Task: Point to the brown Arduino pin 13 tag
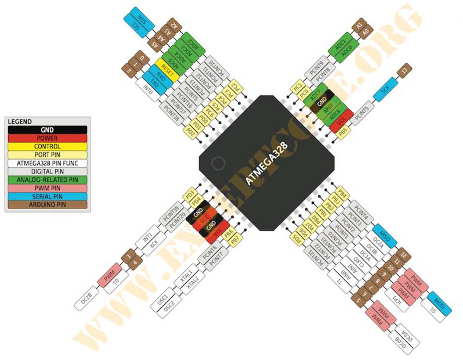click(404, 71)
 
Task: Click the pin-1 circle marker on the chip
click(218, 164)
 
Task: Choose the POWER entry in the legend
click(46, 138)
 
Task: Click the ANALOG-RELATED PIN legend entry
click(46, 179)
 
